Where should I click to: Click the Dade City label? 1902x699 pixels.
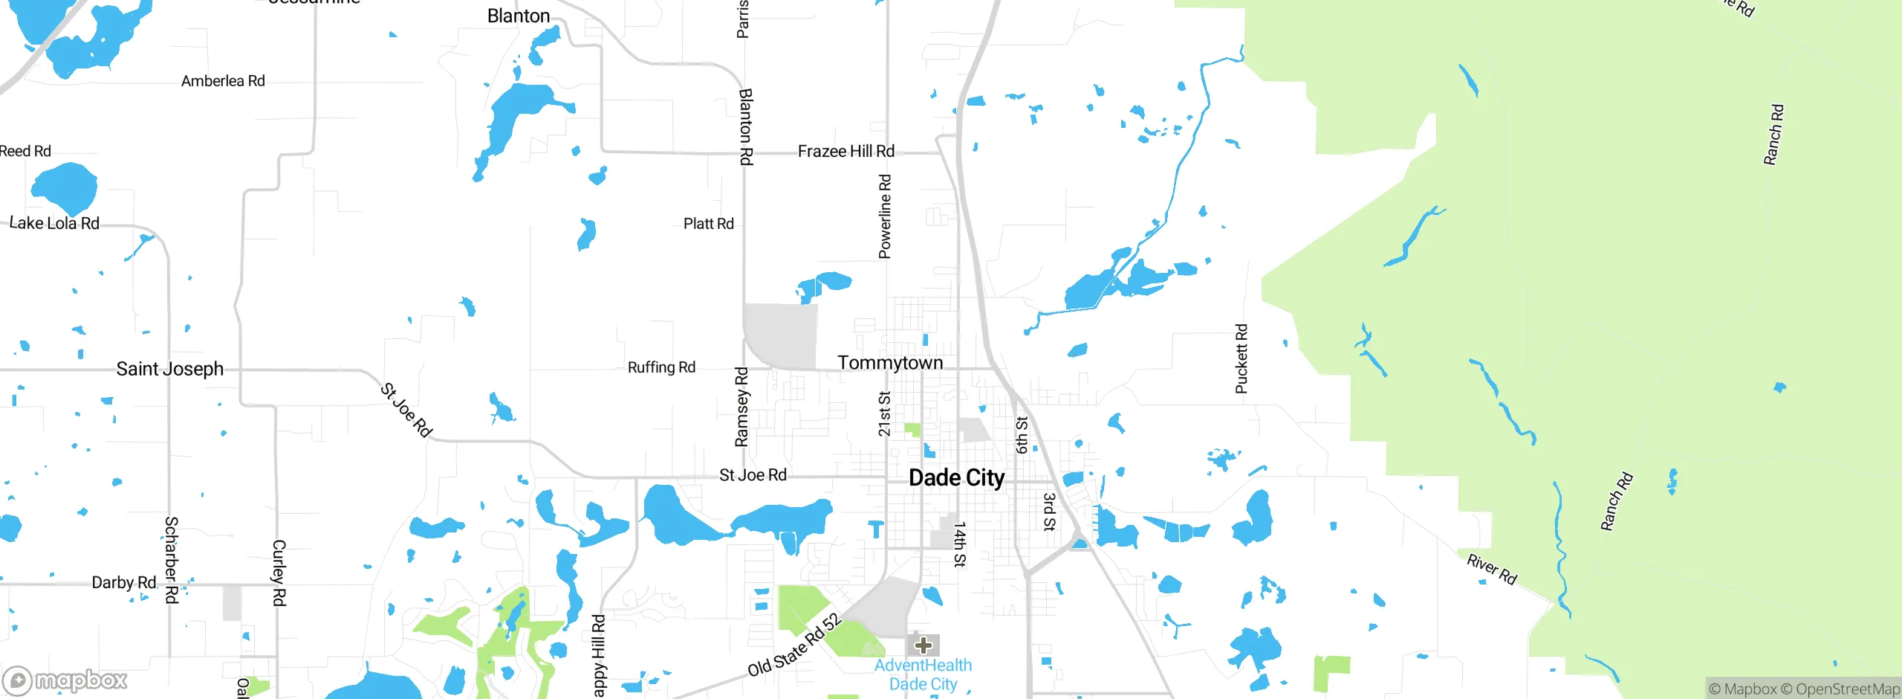click(x=956, y=477)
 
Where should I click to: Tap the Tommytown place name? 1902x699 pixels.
click(x=890, y=363)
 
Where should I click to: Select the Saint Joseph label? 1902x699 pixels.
click(x=169, y=369)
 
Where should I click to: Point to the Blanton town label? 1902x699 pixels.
click(x=519, y=16)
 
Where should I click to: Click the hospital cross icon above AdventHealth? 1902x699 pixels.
click(x=923, y=645)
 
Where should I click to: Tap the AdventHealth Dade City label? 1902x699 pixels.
click(x=923, y=674)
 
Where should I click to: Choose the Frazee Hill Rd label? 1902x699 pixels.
click(x=845, y=151)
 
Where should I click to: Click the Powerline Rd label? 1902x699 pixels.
click(x=885, y=216)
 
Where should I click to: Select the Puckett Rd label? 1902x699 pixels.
click(x=1242, y=358)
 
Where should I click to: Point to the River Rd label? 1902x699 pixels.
click(x=1491, y=569)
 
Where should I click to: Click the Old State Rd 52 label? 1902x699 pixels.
click(x=794, y=645)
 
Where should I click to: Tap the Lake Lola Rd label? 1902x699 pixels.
click(x=54, y=223)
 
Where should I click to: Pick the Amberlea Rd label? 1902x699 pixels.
click(x=223, y=81)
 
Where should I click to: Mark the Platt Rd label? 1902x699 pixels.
click(x=708, y=224)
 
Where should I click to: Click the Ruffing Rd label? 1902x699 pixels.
click(x=661, y=367)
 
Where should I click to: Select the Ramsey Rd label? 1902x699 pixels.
click(x=741, y=407)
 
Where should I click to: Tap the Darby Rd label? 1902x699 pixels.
click(x=123, y=582)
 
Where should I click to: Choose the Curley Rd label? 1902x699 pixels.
click(x=279, y=573)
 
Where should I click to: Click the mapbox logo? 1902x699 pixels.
click(x=65, y=680)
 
